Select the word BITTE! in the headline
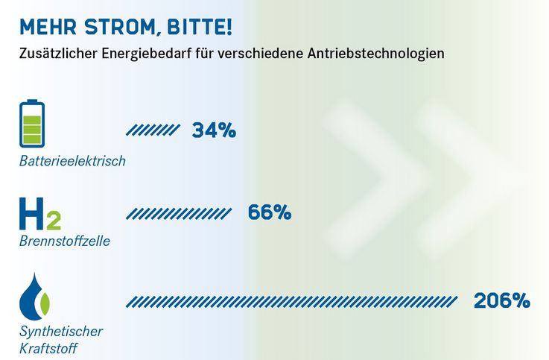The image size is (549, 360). point(200,27)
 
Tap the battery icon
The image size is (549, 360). point(32,124)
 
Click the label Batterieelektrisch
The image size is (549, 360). point(72,161)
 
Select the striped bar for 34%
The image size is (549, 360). point(153,130)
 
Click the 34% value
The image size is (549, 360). point(214,130)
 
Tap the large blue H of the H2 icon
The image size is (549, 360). point(32,214)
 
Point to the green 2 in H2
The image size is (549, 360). point(53,221)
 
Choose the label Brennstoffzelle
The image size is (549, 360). point(64,241)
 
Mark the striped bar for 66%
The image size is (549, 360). point(179,214)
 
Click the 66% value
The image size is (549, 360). point(270,212)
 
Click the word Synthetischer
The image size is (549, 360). point(61,331)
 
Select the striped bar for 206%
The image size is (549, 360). point(292,302)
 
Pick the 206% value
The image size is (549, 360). point(502,301)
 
